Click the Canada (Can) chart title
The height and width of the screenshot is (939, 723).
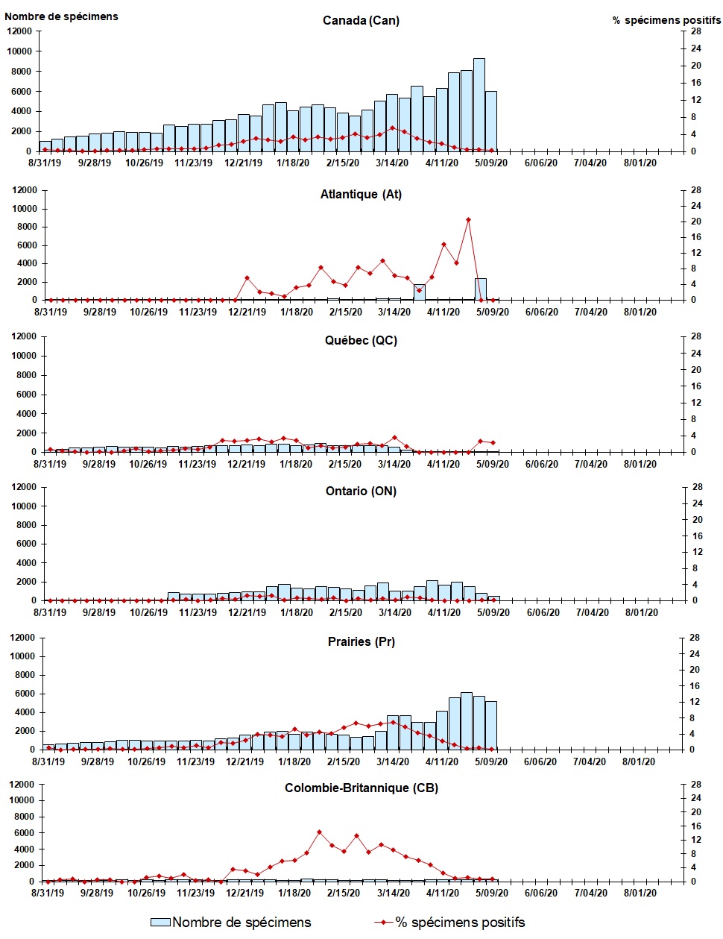click(361, 20)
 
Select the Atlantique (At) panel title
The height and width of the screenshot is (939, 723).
click(361, 194)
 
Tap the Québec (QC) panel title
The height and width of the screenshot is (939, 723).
click(361, 340)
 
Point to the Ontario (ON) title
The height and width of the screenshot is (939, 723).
click(361, 491)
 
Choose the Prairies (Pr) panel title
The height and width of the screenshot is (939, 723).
click(361, 641)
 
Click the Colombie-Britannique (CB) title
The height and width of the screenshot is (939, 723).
click(361, 788)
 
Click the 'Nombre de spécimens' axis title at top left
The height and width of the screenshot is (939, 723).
click(61, 16)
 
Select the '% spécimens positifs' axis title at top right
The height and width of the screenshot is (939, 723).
click(666, 20)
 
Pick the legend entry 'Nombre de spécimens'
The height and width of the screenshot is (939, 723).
click(231, 923)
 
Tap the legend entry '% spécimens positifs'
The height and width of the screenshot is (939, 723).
click(450, 923)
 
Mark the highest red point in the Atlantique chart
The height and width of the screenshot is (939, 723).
click(468, 219)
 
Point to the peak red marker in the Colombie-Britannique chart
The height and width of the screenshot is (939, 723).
click(319, 832)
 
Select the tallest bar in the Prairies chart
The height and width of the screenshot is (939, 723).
click(467, 720)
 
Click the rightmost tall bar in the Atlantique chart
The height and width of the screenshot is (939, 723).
click(481, 289)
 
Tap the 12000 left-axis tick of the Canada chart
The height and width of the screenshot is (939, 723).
click(20, 31)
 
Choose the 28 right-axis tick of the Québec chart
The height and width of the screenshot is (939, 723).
click(695, 336)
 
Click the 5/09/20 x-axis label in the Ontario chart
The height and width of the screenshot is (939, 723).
click(493, 612)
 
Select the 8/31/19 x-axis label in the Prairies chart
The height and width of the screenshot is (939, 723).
click(48, 761)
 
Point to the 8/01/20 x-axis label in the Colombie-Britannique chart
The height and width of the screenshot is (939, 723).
click(640, 893)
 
